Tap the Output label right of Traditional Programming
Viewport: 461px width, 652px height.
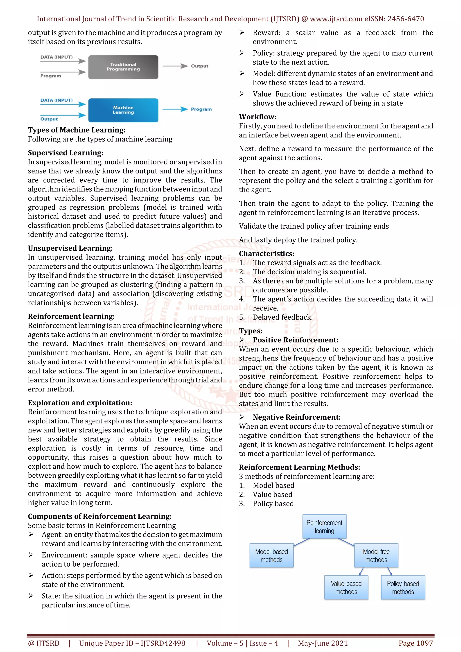[x=199, y=66]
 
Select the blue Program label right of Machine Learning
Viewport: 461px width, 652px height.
[x=201, y=109]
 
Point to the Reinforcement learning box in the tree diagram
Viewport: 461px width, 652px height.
[x=324, y=526]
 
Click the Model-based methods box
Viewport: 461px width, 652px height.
[x=271, y=555]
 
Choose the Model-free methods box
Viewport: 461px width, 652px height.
[x=376, y=555]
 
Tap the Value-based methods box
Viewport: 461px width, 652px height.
[x=346, y=587]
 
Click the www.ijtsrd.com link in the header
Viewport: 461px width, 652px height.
[x=336, y=19]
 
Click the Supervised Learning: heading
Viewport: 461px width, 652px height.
[x=65, y=153]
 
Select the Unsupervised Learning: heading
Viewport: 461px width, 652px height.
[x=70, y=248]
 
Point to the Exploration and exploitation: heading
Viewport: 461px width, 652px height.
[x=80, y=403]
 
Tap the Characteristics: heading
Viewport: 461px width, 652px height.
[x=267, y=254]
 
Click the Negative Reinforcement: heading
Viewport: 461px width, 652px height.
[x=296, y=417]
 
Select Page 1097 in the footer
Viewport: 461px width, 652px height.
[x=416, y=643]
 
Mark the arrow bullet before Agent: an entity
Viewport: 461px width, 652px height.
[x=31, y=534]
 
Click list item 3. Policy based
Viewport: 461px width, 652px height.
[x=273, y=504]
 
